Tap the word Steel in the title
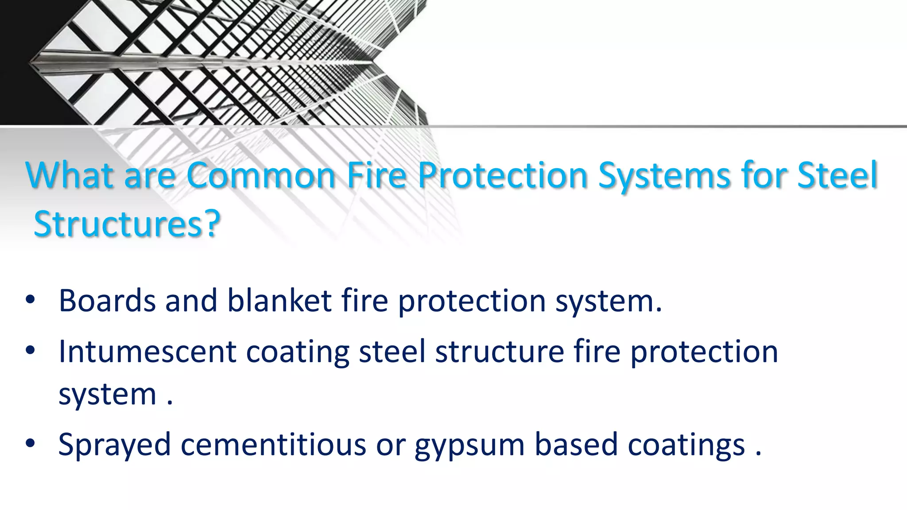(x=837, y=175)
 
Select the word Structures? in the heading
(x=127, y=224)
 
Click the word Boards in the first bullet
(x=107, y=301)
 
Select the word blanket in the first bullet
(x=279, y=301)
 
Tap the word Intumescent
(x=147, y=352)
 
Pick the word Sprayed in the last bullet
(x=114, y=445)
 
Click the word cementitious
(x=273, y=444)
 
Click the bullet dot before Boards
(x=30, y=300)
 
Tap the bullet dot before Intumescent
(x=30, y=351)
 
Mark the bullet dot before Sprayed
(x=30, y=444)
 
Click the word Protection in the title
(x=502, y=175)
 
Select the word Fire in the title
(x=376, y=175)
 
